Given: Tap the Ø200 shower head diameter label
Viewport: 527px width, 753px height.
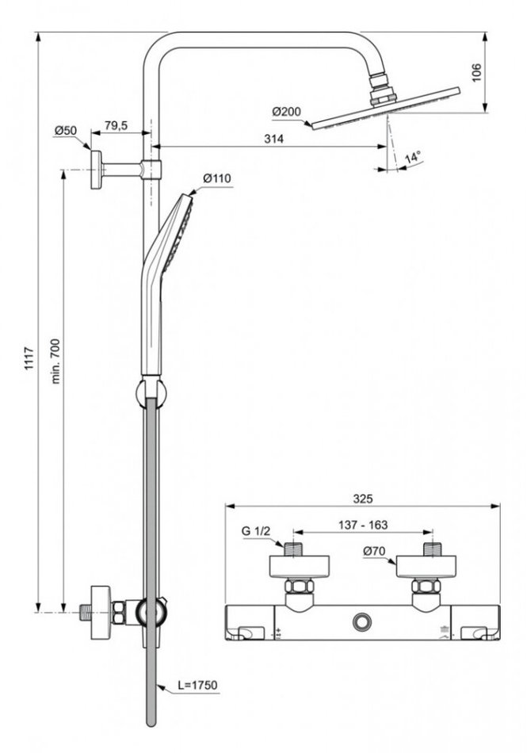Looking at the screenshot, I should click(286, 113).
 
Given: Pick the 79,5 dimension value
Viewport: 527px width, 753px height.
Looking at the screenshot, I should click(116, 126).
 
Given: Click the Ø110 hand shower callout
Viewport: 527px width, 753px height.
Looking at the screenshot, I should click(216, 179).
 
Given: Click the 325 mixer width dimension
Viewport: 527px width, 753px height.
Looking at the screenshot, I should click(362, 499).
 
